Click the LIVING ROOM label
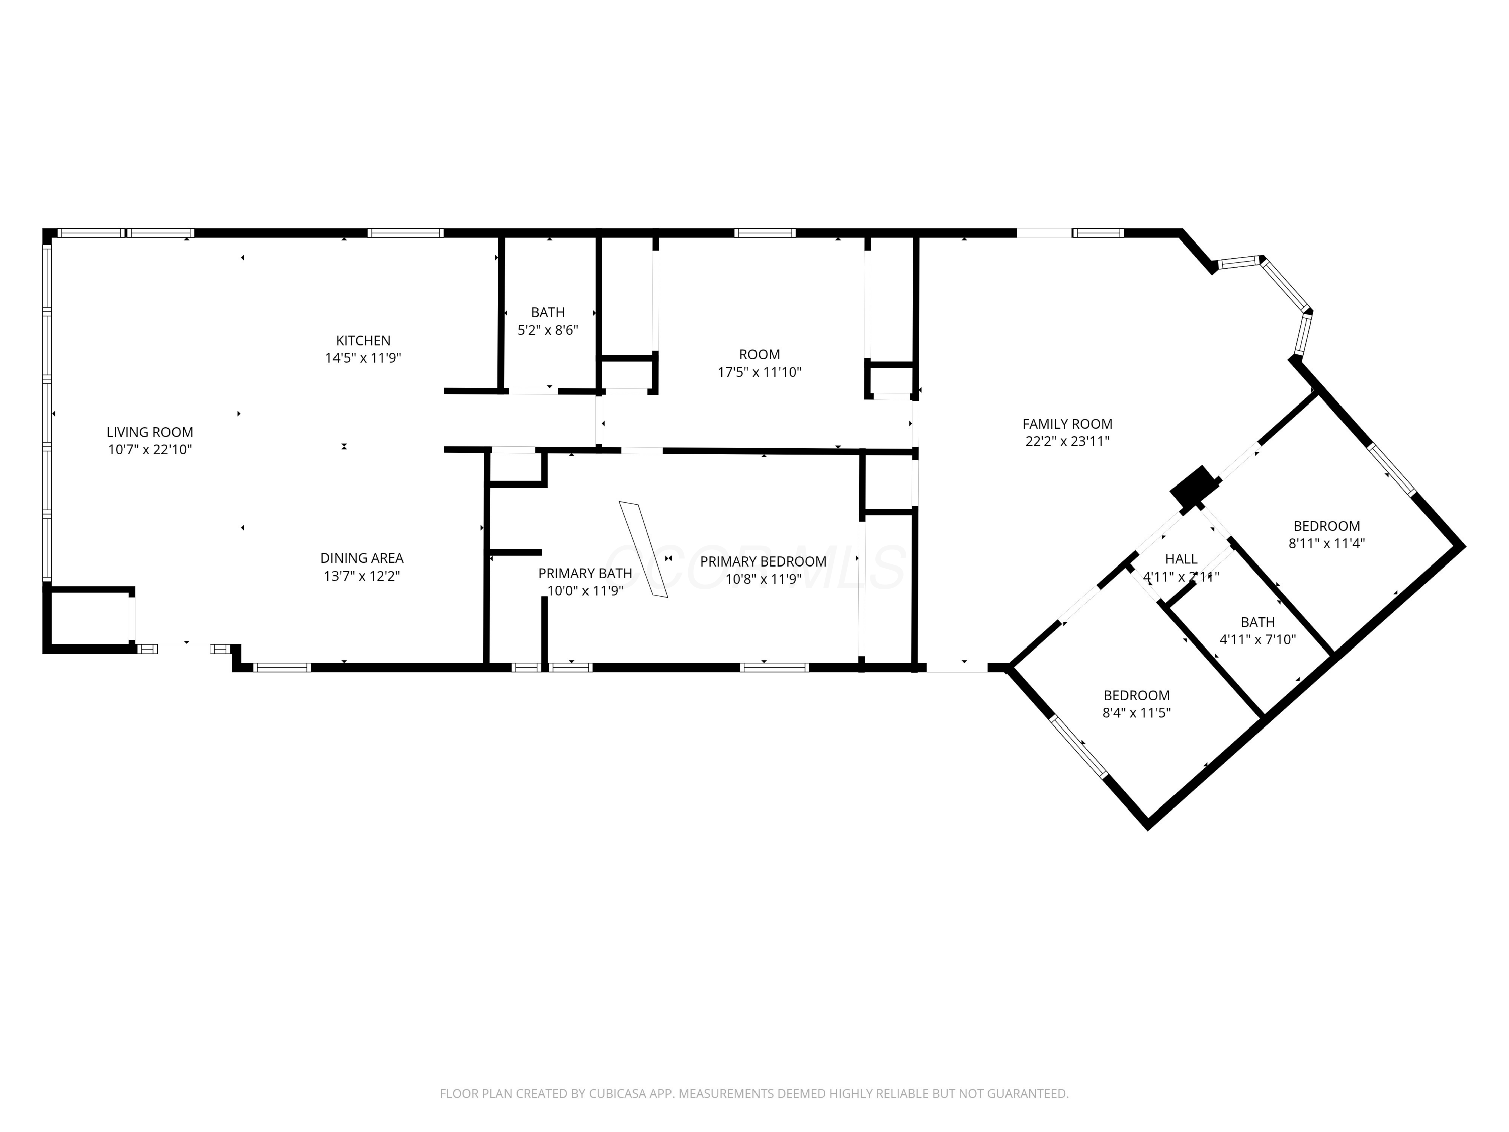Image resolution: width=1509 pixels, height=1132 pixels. point(149,432)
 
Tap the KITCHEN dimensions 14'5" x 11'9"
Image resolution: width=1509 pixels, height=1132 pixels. point(363,358)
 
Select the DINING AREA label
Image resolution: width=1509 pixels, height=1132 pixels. point(362,558)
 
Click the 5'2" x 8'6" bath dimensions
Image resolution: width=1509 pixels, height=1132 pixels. point(548,330)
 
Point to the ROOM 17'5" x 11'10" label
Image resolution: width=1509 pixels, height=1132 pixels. point(759,363)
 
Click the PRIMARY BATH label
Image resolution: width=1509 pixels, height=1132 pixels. point(584,573)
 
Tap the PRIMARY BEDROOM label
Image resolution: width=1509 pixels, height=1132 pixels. point(763,561)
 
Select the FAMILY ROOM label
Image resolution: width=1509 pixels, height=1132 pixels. point(1067,424)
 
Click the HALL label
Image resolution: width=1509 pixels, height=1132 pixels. point(1181,559)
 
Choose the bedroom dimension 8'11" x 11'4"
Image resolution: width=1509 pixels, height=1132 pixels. point(1326,544)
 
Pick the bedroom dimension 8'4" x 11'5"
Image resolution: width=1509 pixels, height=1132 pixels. point(1136,713)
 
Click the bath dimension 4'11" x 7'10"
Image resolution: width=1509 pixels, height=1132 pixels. point(1257,640)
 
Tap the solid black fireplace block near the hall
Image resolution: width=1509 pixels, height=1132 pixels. point(1194,486)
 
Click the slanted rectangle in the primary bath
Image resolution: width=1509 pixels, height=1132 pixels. point(643,550)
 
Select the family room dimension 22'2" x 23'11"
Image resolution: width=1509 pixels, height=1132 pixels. point(1067,441)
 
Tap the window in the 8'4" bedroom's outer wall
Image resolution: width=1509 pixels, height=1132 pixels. point(1078,747)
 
